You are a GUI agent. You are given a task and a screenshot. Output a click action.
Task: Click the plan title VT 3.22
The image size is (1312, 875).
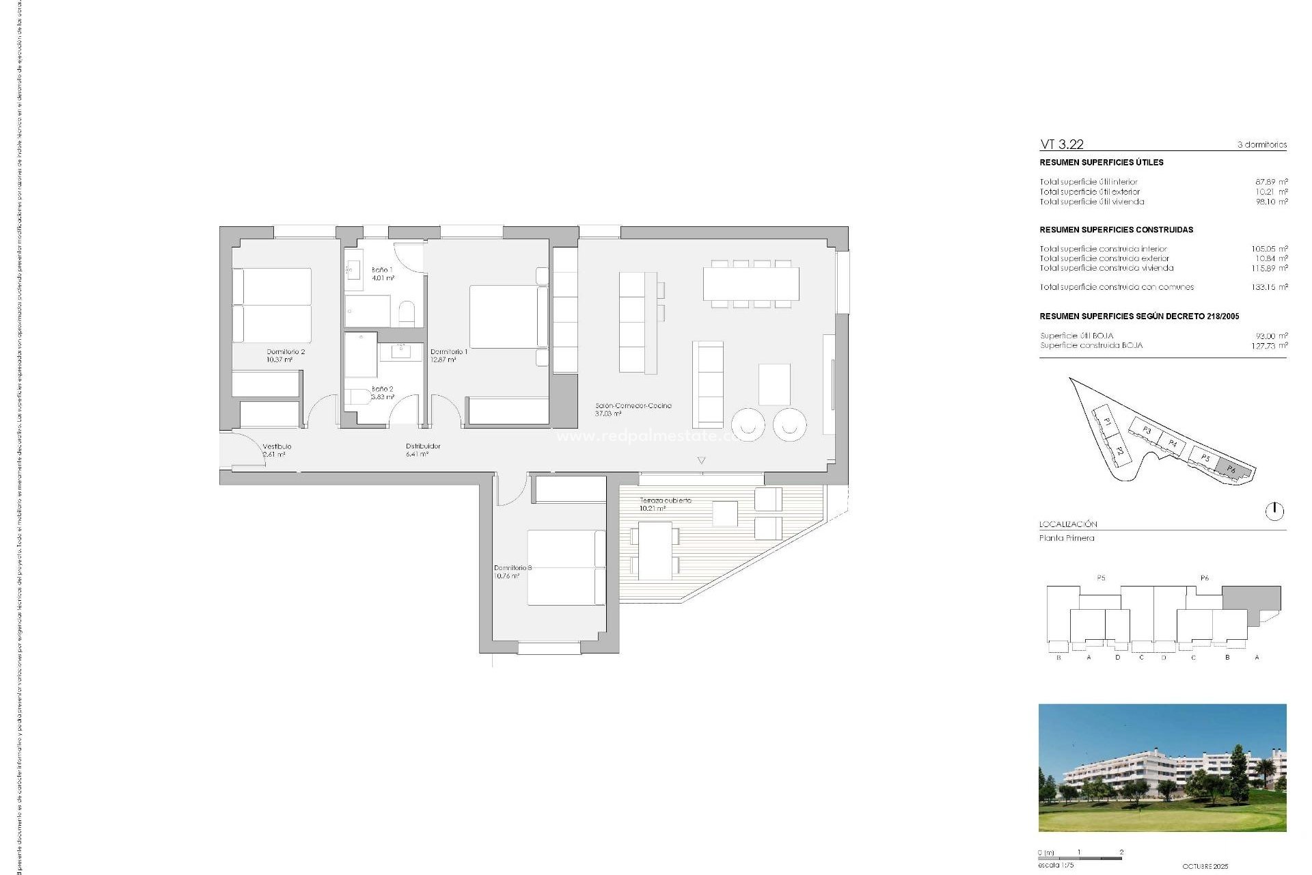(1061, 144)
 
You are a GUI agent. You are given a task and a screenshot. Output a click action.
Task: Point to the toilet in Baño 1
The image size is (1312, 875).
(407, 313)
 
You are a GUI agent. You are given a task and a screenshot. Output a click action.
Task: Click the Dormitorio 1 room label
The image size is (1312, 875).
(448, 355)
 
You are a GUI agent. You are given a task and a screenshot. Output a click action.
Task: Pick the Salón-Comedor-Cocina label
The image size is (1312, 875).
(633, 409)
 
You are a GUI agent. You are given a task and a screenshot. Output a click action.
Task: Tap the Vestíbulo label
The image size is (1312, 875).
(276, 450)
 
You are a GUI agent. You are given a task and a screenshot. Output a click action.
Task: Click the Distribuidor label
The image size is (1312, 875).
(423, 450)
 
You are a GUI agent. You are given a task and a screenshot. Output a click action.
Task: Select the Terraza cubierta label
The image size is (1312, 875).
(665, 504)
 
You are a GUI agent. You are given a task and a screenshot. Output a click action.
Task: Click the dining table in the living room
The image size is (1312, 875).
(751, 284)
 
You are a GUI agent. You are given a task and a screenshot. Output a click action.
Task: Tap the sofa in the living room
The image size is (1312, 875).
(708, 384)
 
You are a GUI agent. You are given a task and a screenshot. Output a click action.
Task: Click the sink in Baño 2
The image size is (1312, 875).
(401, 351)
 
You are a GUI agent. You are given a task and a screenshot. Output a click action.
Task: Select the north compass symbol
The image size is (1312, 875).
(1274, 511)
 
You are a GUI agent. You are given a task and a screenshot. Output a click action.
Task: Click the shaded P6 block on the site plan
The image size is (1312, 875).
(1232, 470)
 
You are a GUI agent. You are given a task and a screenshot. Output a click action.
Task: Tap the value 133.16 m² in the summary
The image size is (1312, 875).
(1269, 287)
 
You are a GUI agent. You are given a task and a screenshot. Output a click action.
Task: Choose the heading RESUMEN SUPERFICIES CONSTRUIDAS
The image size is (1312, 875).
(1116, 230)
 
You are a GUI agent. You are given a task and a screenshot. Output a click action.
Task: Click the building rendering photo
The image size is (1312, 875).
(1162, 768)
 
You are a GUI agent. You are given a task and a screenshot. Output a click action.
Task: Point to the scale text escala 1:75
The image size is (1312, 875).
(1056, 865)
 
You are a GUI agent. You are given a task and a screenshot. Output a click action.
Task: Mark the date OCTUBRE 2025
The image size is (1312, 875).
(1205, 866)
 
